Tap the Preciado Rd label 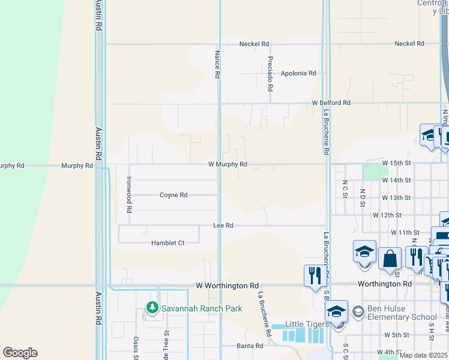(271, 74)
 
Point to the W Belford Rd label (331, 103)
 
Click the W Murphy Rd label (228, 164)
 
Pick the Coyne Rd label (173, 195)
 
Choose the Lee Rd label (223, 226)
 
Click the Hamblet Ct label (167, 243)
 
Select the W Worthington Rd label (228, 286)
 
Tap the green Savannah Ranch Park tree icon (152, 308)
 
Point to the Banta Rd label (250, 346)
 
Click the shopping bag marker (390, 259)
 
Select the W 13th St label (396, 197)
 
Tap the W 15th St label (396, 163)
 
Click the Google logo (20, 353)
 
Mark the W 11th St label (404, 232)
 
